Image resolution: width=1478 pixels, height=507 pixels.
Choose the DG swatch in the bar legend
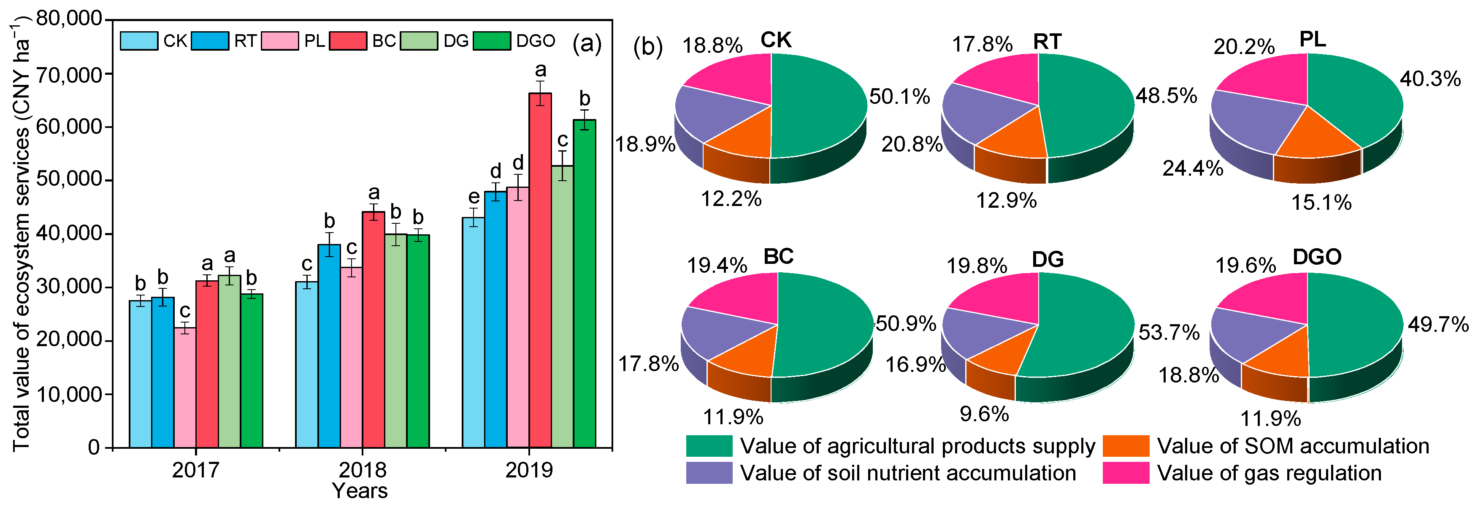419,41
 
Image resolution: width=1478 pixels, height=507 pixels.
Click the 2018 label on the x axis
362,470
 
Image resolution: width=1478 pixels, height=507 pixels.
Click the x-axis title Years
360,491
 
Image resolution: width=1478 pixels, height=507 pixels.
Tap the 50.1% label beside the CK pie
899,97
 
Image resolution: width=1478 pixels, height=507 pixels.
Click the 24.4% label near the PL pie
1193,168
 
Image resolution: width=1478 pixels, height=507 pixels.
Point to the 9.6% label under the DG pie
984,413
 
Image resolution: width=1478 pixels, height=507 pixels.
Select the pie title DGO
1317,257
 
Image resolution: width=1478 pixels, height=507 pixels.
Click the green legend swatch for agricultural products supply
709,445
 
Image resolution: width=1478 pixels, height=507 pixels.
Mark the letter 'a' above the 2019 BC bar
540,70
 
